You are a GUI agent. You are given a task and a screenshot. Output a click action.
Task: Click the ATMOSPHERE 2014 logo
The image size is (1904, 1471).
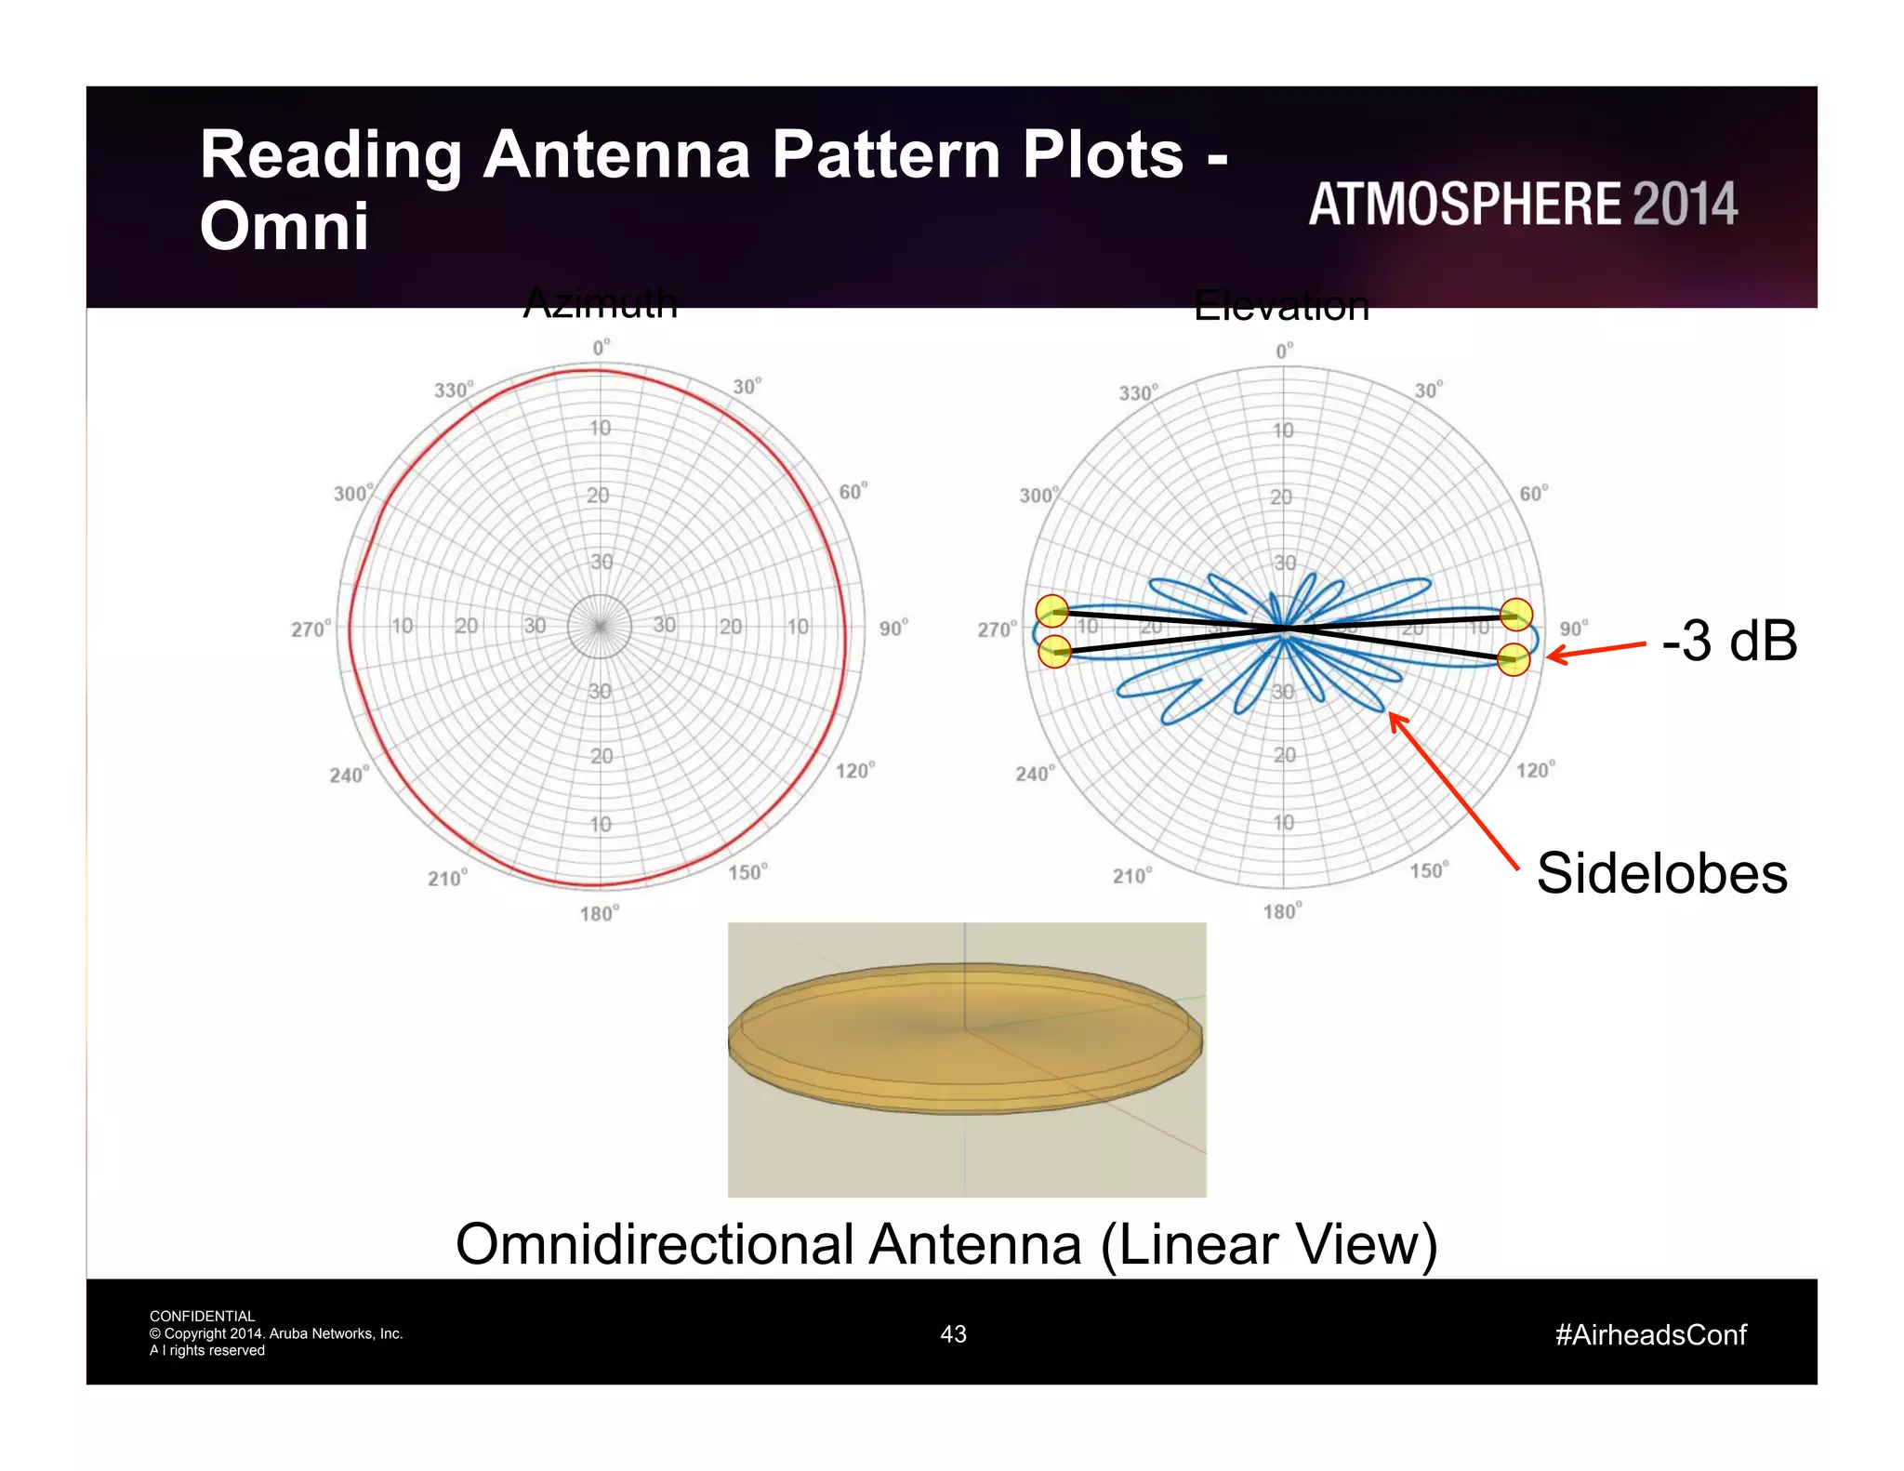(x=1523, y=204)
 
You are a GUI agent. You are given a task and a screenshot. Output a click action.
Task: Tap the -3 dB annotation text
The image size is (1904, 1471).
(x=1728, y=641)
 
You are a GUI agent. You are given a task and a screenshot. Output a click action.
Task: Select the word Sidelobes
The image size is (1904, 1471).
(x=1661, y=873)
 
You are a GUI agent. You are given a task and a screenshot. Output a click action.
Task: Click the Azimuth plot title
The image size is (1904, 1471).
(x=601, y=302)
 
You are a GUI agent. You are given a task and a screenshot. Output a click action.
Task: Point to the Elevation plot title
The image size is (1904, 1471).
(x=1281, y=306)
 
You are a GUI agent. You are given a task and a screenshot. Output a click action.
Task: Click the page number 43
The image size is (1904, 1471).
(x=953, y=1333)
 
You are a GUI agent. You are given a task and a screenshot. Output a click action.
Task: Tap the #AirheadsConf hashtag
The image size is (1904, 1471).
(x=1650, y=1334)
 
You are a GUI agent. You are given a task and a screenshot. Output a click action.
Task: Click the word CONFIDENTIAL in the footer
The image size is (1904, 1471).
(x=202, y=1316)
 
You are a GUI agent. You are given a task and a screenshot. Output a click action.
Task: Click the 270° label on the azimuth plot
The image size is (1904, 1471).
(x=311, y=629)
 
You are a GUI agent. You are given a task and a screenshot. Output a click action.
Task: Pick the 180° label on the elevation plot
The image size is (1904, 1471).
(x=1282, y=911)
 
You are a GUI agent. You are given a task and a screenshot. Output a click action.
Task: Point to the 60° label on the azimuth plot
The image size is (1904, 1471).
(x=853, y=491)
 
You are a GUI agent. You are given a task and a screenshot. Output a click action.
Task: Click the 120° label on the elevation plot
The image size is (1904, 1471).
(x=1535, y=770)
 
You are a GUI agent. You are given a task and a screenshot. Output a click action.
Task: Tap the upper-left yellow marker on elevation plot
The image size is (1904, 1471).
(x=1052, y=611)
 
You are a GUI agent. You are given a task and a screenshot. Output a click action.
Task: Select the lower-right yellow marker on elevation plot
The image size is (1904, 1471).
(x=1514, y=659)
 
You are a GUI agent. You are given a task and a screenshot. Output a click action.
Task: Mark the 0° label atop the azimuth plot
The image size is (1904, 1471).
(x=602, y=348)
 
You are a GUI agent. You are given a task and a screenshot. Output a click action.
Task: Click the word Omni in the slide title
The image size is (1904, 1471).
(x=284, y=226)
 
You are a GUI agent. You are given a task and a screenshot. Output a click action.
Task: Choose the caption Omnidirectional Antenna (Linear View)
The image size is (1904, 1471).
(x=946, y=1244)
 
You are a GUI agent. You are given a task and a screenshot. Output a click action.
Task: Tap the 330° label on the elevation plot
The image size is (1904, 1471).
(x=1139, y=392)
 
